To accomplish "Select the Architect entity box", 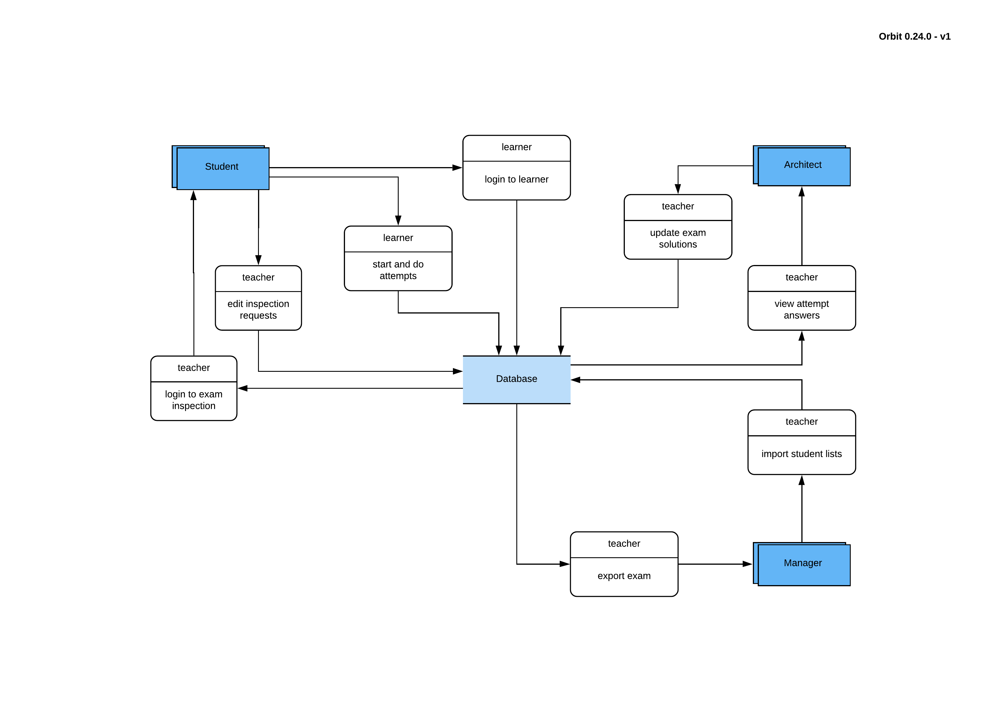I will [803, 166].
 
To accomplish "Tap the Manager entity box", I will [803, 564].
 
